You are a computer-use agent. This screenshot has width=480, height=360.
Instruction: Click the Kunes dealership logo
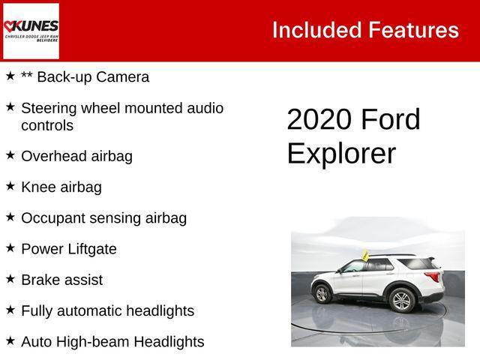[31, 31]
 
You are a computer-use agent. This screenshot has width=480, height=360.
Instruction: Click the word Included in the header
[316, 30]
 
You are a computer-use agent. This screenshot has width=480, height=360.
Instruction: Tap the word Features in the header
[413, 30]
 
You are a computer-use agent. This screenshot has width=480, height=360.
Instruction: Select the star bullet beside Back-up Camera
[10, 76]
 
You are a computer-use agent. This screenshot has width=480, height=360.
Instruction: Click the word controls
[47, 125]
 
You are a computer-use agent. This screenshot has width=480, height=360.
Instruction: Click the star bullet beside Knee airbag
[10, 186]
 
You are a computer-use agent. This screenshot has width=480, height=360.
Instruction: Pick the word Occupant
[55, 218]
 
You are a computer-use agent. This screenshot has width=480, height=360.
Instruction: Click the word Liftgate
[93, 249]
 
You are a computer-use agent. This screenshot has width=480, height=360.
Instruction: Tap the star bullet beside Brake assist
[10, 278]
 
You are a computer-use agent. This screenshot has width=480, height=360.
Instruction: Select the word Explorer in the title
[341, 154]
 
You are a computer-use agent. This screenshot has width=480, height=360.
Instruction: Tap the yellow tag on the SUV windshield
[365, 255]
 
